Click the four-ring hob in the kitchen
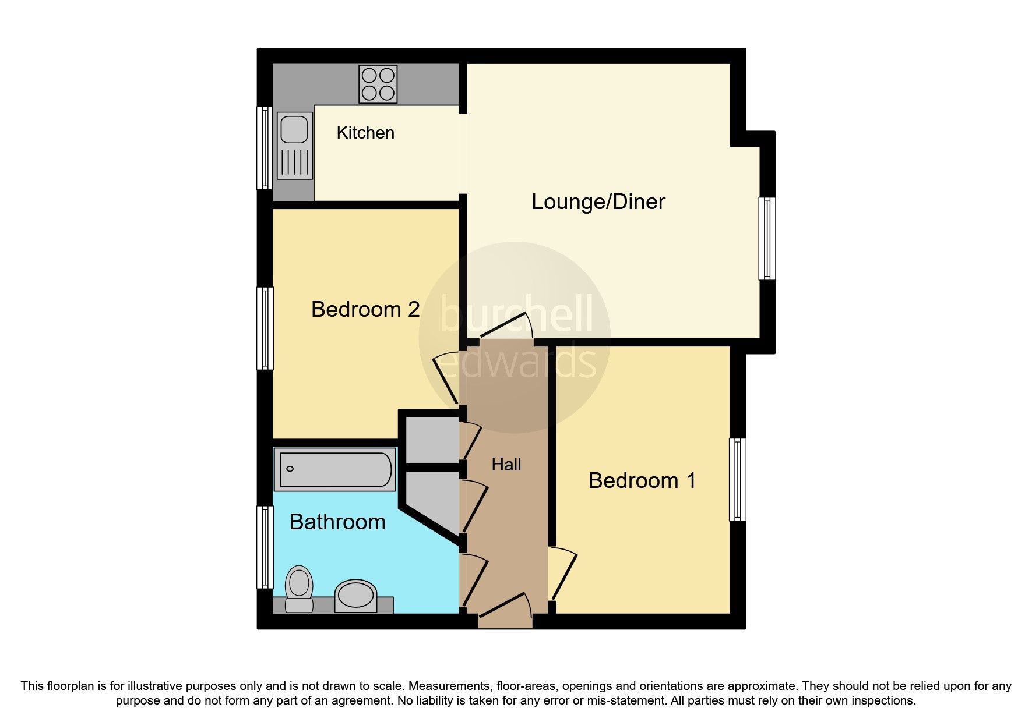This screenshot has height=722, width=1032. tap(378, 84)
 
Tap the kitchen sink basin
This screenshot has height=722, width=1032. tap(293, 129)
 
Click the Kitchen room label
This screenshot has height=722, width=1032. tap(365, 133)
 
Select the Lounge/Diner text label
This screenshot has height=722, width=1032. tap(598, 202)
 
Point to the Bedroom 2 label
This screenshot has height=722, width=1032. tap(365, 309)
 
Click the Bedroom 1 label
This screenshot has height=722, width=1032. tap(642, 480)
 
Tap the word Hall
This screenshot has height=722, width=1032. tap(506, 465)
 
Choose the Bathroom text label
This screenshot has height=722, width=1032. tap(337, 522)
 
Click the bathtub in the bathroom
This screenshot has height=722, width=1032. tap(335, 469)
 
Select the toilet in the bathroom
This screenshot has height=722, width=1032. tap(299, 588)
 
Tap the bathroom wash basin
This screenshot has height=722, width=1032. tap(355, 595)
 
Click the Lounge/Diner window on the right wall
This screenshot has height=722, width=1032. tap(767, 238)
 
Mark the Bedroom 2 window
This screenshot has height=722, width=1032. tap(265, 328)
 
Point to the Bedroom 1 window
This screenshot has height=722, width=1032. tap(737, 479)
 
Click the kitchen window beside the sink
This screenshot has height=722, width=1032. tap(265, 148)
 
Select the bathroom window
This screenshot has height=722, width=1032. tap(265, 547)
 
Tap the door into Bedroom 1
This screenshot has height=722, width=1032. tap(563, 574)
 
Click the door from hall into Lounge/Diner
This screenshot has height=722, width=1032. tap(505, 328)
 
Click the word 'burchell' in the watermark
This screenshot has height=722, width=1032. tap(516, 315)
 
